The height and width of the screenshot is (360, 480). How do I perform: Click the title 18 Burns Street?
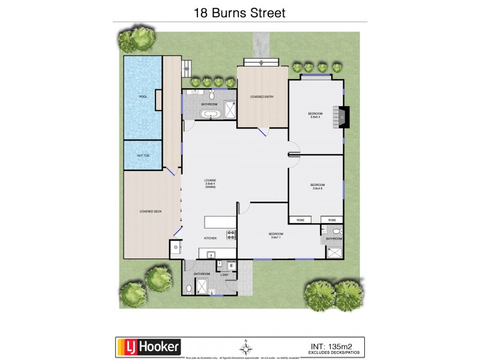click(x=240, y=12)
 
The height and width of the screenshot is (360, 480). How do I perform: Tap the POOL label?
click(x=143, y=97)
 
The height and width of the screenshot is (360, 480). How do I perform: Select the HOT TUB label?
click(x=143, y=155)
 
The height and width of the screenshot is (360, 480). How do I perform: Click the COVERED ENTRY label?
click(x=262, y=97)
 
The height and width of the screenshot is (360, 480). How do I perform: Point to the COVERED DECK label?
click(x=151, y=211)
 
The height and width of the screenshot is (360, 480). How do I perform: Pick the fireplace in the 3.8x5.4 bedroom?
click(x=343, y=117)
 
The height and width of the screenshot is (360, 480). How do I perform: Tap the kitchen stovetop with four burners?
click(x=229, y=235)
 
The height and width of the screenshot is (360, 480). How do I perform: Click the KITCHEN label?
click(x=210, y=238)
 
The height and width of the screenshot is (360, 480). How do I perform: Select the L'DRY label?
click(x=225, y=274)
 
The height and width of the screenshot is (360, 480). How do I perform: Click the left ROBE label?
click(x=300, y=220)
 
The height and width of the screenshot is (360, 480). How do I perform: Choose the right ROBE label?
click(x=332, y=220)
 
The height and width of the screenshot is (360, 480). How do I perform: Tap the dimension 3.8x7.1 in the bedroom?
click(x=276, y=238)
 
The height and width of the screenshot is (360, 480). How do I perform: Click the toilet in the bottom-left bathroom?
click(x=190, y=289)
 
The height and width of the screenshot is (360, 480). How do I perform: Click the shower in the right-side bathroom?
click(x=334, y=252)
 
